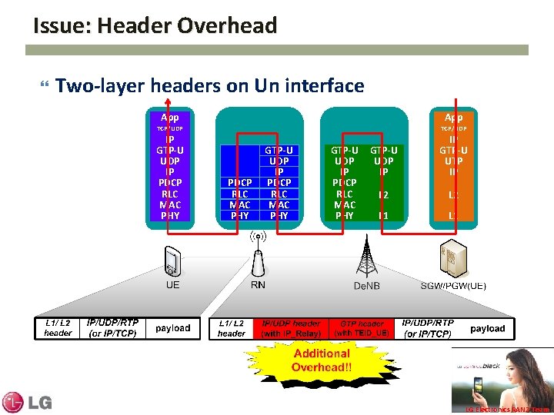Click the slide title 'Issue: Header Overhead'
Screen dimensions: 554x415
click(x=155, y=26)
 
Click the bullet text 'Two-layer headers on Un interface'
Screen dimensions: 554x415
click(x=209, y=85)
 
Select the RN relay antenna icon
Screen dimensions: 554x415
click(x=258, y=254)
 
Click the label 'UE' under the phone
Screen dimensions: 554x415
click(x=173, y=284)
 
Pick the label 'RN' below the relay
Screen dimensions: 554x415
click(x=258, y=284)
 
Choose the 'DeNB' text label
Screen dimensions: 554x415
click(x=366, y=286)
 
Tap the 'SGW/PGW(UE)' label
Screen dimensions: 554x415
click(x=453, y=286)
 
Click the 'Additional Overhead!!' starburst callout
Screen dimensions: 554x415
click(x=322, y=360)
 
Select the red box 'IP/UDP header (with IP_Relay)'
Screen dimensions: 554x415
click(x=291, y=328)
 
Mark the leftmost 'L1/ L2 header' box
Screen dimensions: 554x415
click(x=58, y=328)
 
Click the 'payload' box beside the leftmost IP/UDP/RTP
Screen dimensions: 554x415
click(x=172, y=328)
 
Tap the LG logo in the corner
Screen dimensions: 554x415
click(x=27, y=401)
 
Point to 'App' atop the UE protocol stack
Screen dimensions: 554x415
click(x=170, y=118)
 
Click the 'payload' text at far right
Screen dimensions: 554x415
click(x=488, y=328)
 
